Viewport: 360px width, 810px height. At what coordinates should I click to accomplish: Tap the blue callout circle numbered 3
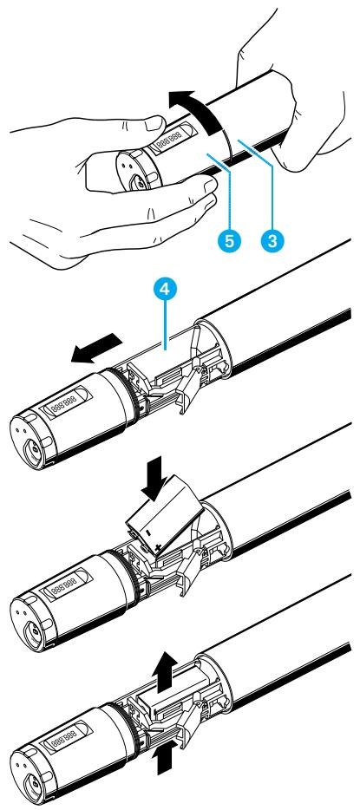point(272,239)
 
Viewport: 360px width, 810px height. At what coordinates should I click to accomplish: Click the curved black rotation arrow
point(197,111)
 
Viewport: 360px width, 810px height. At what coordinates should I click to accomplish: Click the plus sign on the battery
point(158,547)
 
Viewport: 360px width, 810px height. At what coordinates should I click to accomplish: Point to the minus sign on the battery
point(147,531)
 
